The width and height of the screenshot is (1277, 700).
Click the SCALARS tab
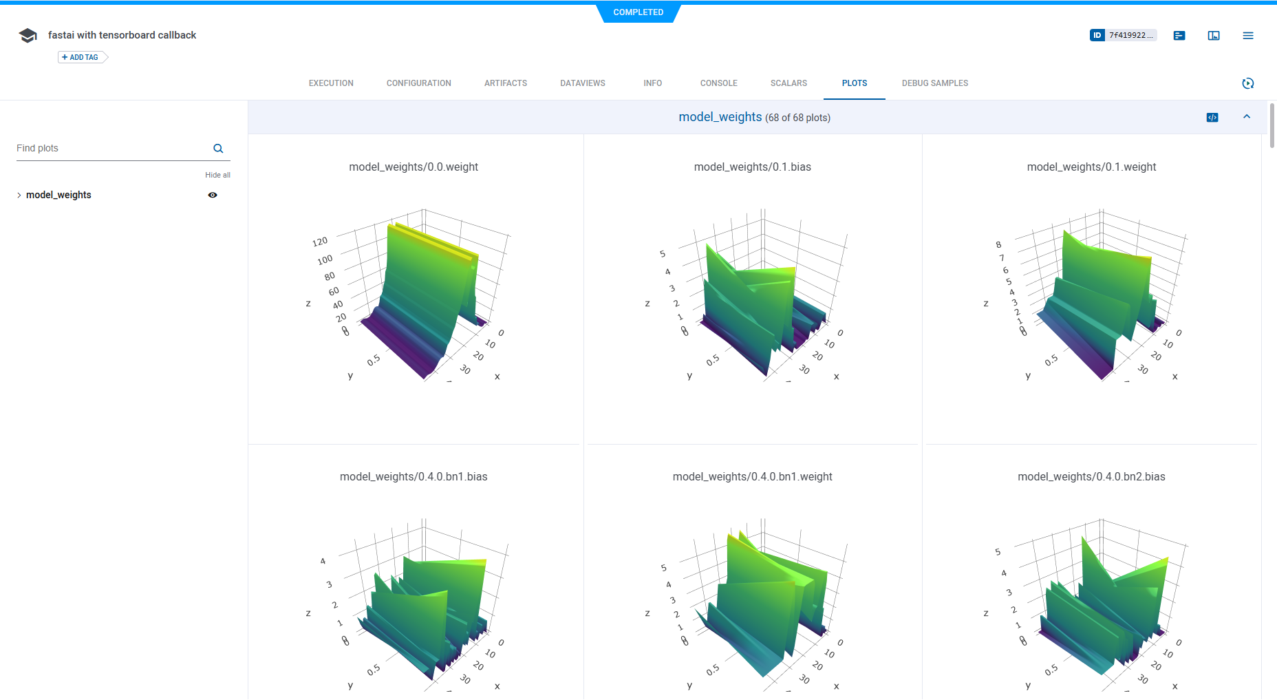[x=788, y=83]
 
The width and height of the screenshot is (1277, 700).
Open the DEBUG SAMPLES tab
[x=934, y=83]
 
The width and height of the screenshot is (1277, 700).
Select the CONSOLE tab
[x=718, y=83]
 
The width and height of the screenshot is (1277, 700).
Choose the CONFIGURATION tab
[x=418, y=83]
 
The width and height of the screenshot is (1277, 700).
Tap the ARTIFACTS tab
[x=505, y=83]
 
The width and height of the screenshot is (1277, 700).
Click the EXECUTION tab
[x=331, y=83]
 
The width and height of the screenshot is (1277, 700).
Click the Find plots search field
[x=110, y=149]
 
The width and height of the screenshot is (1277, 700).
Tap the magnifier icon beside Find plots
[x=218, y=149]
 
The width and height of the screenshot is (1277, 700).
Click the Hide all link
[x=217, y=175]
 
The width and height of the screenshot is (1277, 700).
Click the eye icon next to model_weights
[x=213, y=195]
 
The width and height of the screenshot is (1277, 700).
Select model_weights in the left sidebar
[x=58, y=195]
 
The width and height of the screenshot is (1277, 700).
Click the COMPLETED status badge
[x=638, y=12]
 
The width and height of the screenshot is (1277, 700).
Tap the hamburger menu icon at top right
[x=1247, y=36]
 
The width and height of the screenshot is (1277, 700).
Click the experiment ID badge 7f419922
[x=1123, y=35]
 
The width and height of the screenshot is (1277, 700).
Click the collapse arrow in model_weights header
[x=1246, y=117]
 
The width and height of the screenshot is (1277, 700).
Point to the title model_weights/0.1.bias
[x=752, y=167]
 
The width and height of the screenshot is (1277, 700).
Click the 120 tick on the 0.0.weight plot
[x=320, y=242]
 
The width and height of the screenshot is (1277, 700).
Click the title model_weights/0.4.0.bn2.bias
[x=1091, y=476]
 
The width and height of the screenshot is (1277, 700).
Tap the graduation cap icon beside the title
[x=28, y=36]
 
